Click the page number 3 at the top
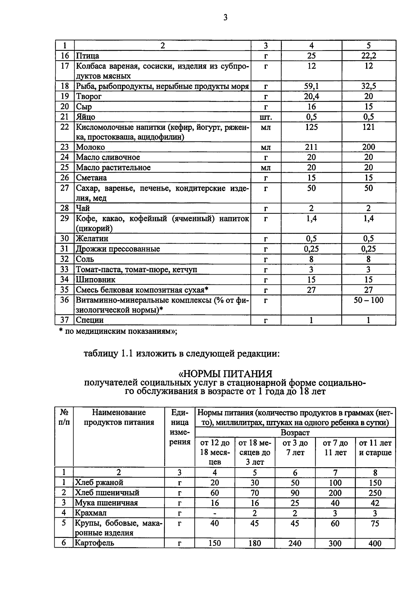(x=225, y=17)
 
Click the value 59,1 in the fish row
(x=311, y=86)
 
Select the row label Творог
(x=89, y=96)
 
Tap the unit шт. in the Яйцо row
(x=266, y=117)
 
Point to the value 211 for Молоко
(x=311, y=147)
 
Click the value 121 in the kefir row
(x=369, y=127)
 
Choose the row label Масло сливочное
(x=108, y=157)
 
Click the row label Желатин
(x=92, y=239)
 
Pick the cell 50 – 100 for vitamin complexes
(x=369, y=300)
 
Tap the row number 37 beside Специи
(x=65, y=320)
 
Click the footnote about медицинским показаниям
(x=118, y=332)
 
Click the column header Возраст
(x=295, y=433)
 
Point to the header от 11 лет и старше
(x=375, y=448)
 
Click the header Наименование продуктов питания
(x=119, y=417)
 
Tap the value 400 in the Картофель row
(x=375, y=543)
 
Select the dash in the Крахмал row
(x=215, y=513)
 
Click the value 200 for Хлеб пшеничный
(x=335, y=493)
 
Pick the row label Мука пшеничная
(x=106, y=503)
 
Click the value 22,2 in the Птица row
(x=369, y=56)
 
